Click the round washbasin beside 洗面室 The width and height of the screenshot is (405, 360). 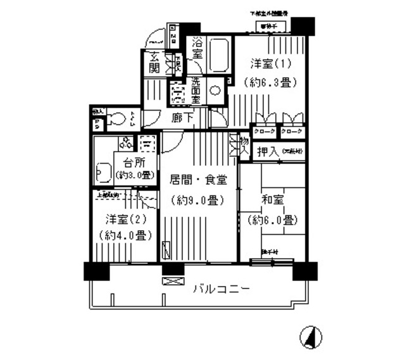pyautogui.click(x=215, y=90)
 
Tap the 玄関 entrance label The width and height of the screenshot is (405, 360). pyautogui.click(x=153, y=62)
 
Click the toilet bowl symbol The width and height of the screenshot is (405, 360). pyautogui.click(x=115, y=118)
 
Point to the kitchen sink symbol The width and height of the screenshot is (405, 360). pyautogui.click(x=104, y=171)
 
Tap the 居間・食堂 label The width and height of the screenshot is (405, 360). pyautogui.click(x=197, y=180)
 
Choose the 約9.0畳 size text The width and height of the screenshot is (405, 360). pyautogui.click(x=197, y=201)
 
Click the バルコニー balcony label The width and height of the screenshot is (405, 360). pyautogui.click(x=221, y=289)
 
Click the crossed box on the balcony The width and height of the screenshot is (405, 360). pyautogui.click(x=172, y=280)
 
